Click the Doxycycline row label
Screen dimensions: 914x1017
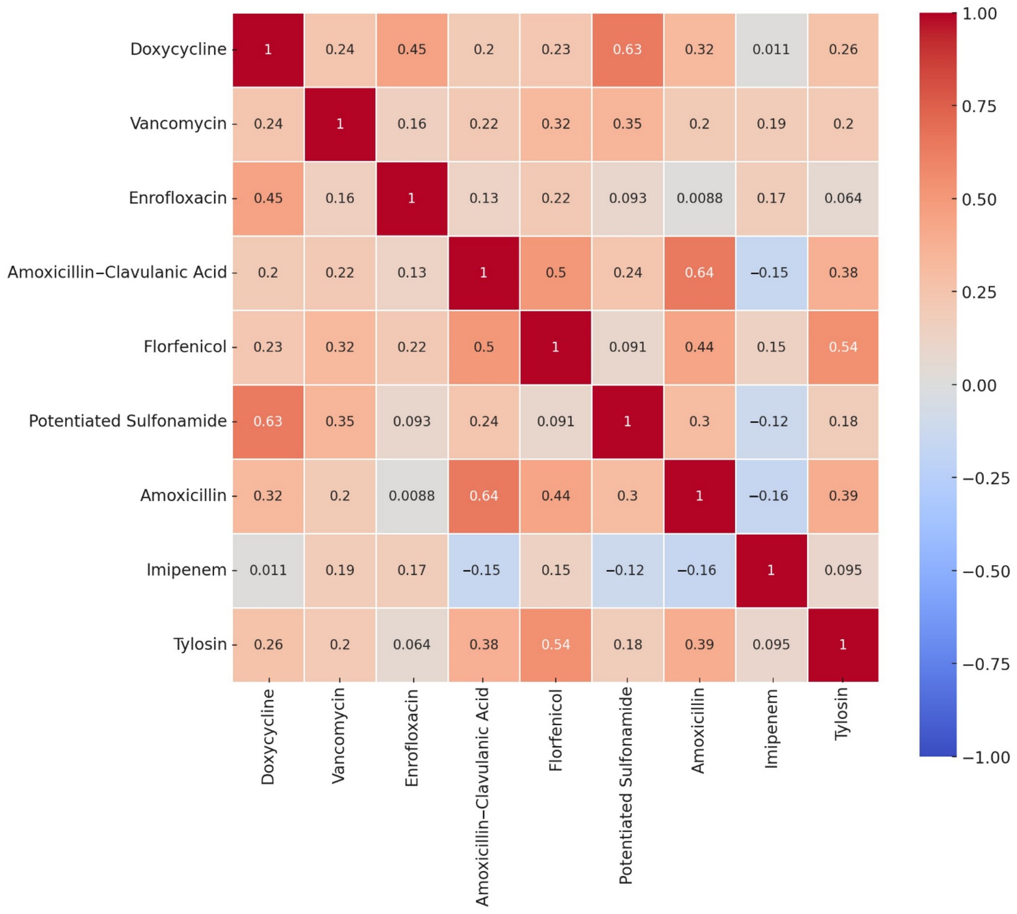pos(178,50)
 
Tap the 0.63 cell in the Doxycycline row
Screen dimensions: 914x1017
pos(627,50)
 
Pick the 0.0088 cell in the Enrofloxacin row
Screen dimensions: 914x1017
pos(699,198)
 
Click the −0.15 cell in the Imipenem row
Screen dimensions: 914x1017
pos(483,570)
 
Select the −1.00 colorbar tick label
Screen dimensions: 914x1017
pos(985,757)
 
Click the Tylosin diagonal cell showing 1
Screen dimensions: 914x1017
pos(843,645)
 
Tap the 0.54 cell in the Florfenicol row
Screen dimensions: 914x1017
pos(843,347)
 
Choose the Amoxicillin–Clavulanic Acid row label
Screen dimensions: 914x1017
pos(117,273)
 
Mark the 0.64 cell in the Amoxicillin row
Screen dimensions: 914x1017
pos(483,496)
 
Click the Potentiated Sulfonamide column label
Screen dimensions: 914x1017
pos(626,785)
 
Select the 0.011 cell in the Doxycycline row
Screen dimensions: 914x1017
pos(771,50)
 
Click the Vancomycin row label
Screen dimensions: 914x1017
pos(178,124)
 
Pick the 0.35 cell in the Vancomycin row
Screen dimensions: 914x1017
pos(627,124)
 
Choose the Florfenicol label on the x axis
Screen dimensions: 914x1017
pos(555,730)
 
